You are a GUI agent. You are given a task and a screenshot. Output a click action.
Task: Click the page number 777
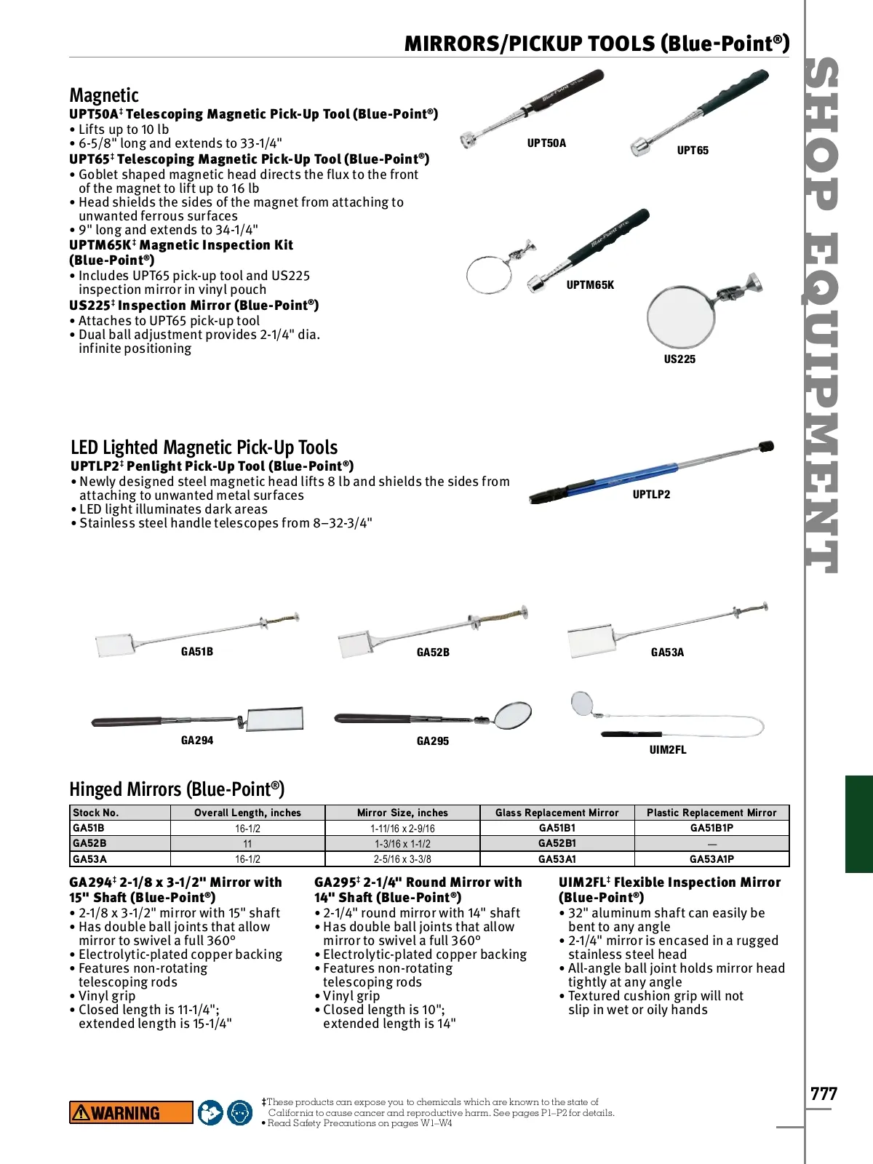(824, 1094)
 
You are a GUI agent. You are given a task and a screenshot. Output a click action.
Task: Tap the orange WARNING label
(131, 1112)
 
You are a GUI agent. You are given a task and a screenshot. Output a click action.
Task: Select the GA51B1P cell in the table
(711, 828)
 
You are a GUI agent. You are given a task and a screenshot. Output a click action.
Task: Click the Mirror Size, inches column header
(402, 813)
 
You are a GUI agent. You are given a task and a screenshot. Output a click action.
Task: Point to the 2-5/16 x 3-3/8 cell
(402, 859)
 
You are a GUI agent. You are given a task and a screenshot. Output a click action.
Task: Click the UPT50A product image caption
(546, 143)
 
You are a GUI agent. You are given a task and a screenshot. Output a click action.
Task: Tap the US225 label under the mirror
(679, 359)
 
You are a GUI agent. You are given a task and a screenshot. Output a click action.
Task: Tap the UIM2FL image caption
(668, 749)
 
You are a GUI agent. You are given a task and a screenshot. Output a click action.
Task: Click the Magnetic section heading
(104, 95)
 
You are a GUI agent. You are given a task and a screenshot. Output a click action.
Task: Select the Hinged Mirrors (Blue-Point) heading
(177, 789)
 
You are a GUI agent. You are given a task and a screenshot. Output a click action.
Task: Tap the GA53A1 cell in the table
(557, 859)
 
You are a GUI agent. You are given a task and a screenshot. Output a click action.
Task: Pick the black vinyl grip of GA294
(127, 722)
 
